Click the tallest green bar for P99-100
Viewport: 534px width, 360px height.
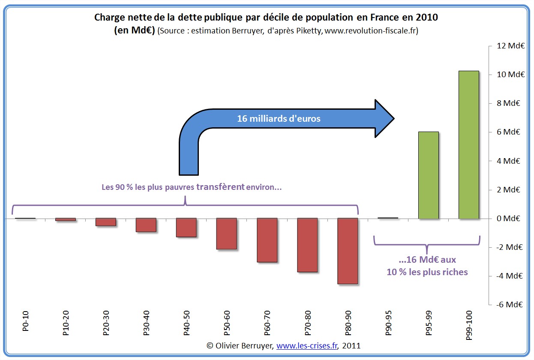coord(468,145)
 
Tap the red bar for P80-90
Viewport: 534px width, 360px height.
coord(348,251)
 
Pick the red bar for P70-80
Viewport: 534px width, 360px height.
coord(307,245)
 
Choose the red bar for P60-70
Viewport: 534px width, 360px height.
coord(267,240)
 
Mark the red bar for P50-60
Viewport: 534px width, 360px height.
coord(227,234)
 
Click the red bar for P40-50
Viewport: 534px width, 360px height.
coord(186,228)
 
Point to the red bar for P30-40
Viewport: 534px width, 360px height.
coord(146,225)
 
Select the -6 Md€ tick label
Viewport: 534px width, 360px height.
coord(510,305)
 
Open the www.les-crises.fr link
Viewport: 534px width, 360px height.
coord(306,346)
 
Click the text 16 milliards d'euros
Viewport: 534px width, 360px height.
coord(279,119)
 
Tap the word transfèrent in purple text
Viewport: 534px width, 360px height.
coord(220,187)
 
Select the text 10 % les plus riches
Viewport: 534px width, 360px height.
coord(428,272)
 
